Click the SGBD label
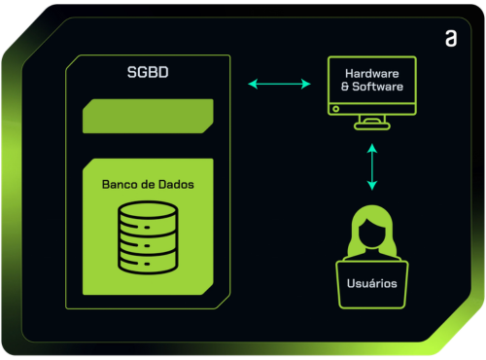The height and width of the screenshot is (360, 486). (x=148, y=72)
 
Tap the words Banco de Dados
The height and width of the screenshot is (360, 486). (x=148, y=185)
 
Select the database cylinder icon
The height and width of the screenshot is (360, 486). (x=148, y=237)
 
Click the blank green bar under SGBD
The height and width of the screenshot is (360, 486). (x=148, y=116)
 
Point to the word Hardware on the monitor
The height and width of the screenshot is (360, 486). (x=372, y=74)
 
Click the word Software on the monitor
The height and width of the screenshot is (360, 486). (x=377, y=87)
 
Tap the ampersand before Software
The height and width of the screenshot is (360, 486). (x=345, y=87)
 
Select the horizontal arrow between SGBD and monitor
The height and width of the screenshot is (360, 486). (x=279, y=84)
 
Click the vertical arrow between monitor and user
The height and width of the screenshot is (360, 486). (x=372, y=166)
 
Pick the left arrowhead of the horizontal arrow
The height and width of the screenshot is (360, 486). (x=253, y=84)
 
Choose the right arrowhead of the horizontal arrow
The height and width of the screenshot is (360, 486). (x=306, y=84)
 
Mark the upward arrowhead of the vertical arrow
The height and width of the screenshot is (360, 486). (x=372, y=148)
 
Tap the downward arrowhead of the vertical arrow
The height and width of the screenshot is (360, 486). (x=372, y=186)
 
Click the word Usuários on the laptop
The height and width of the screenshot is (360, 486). (x=372, y=283)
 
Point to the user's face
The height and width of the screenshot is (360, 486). (x=372, y=233)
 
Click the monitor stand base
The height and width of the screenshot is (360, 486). (x=372, y=126)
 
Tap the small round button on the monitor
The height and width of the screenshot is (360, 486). (x=336, y=109)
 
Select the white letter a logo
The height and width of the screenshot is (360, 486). (x=451, y=39)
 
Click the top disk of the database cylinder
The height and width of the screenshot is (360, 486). (x=148, y=209)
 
